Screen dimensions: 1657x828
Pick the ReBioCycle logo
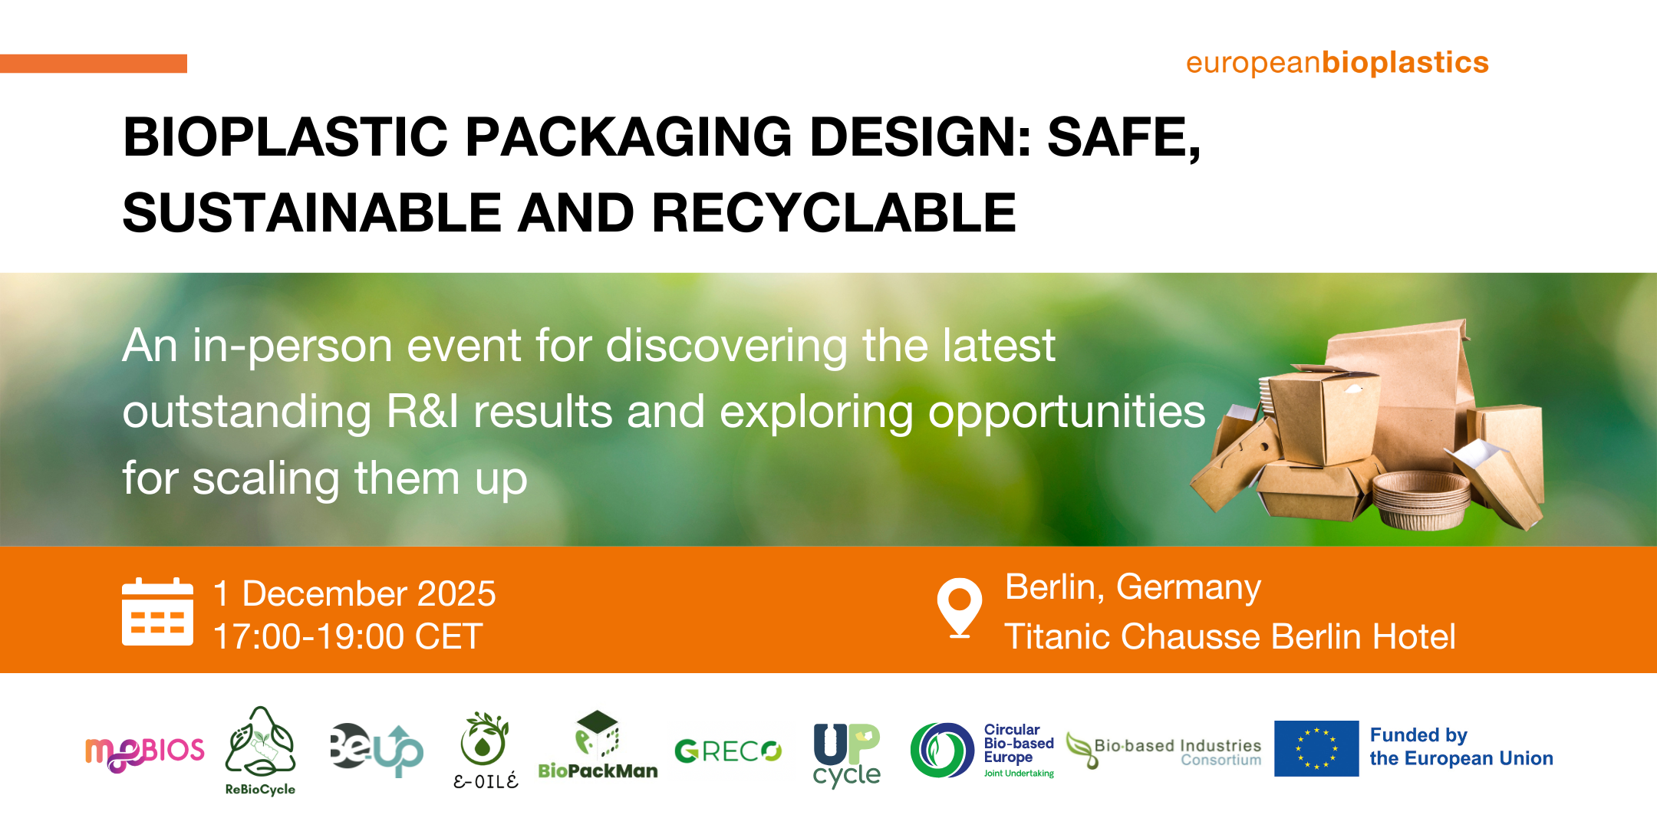260,751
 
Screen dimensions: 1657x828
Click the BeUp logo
376,749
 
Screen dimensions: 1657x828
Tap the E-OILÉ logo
485,751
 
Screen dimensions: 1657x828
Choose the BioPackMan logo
598,745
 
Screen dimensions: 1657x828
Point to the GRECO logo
728,751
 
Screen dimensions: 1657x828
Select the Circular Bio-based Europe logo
982,751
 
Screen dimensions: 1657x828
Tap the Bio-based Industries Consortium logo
1164,751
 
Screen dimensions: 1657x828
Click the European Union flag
1316,748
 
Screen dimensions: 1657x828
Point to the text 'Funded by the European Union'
1461,747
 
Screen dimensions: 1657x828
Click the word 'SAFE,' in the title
1124,138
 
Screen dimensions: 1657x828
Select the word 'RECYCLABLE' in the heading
834,212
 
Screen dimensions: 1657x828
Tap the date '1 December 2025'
354,593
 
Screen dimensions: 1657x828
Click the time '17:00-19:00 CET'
348,636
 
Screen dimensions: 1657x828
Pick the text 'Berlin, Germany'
1133,588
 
